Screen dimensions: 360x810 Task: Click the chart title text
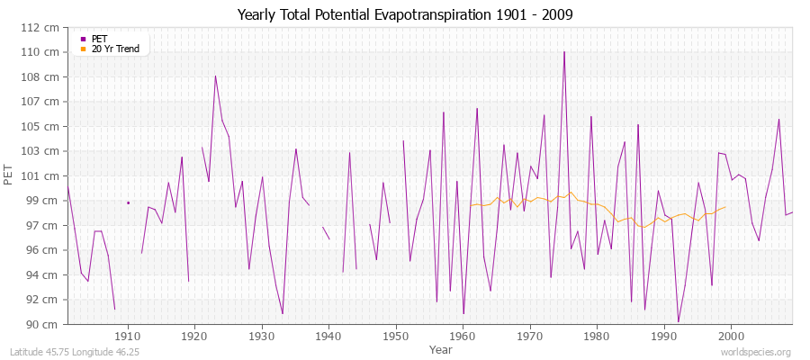coord(404,14)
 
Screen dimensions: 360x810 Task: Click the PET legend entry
coord(99,39)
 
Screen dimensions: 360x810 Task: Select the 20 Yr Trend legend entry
coord(115,49)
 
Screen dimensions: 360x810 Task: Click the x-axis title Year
coord(441,348)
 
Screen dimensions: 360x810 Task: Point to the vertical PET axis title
coord(10,175)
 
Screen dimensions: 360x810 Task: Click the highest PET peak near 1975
coord(564,52)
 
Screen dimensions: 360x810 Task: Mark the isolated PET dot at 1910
coord(128,202)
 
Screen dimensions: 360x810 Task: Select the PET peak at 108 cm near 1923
coord(215,76)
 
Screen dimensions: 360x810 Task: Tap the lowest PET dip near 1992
coord(678,321)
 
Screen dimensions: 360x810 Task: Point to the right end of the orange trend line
coord(725,207)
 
